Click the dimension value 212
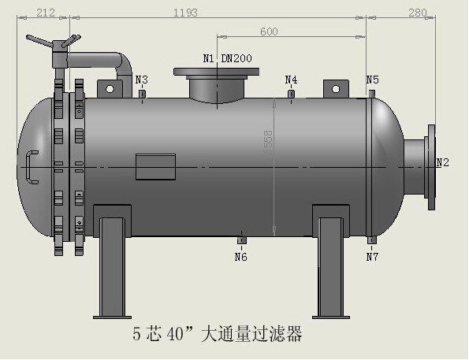pos(46,12)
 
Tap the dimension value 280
pos(418,12)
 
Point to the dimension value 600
pos(269,31)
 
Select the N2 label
pos(443,162)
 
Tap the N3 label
pos(142,80)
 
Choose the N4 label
pos(291,80)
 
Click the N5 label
pos(372,80)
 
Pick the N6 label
pos(241,256)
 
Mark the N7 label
pos(372,256)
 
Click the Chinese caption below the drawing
pos(218,335)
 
